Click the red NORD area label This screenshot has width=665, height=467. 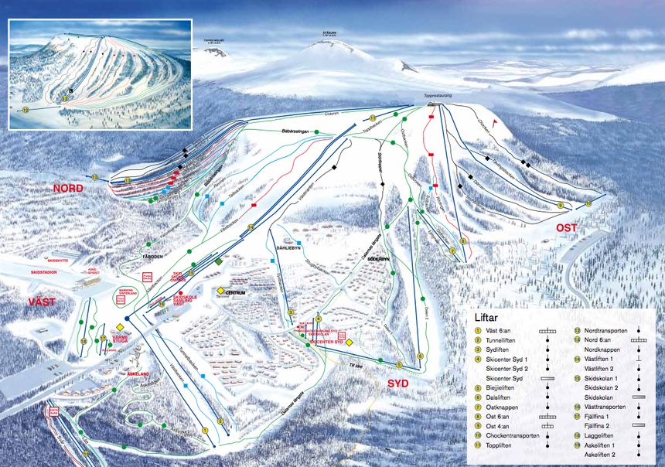click(x=67, y=189)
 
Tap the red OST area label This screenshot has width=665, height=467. click(x=568, y=228)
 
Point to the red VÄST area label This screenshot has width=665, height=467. click(x=43, y=302)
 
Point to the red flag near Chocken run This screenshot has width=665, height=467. click(x=506, y=121)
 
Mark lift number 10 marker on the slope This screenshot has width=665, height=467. click(x=588, y=204)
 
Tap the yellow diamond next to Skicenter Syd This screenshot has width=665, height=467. click(x=349, y=342)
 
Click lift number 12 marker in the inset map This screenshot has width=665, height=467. click(x=26, y=111)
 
